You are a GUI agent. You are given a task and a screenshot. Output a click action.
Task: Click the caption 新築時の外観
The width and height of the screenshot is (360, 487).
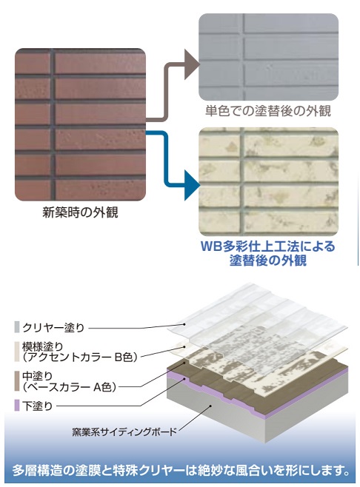click(x=80, y=212)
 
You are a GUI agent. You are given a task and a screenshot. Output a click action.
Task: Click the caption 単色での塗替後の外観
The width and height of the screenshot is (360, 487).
click(x=268, y=111)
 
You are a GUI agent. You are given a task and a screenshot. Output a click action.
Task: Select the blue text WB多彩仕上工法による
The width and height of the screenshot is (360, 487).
click(x=268, y=246)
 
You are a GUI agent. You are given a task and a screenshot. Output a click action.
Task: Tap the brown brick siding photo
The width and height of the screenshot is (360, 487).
click(x=80, y=124)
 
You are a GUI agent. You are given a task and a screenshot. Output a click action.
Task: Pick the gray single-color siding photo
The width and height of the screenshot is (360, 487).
click(x=268, y=57)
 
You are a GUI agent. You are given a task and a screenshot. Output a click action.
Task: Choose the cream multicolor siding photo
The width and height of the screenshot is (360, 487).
click(x=268, y=181)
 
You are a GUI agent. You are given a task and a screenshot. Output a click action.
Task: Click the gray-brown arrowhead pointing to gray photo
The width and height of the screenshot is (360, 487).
click(x=192, y=64)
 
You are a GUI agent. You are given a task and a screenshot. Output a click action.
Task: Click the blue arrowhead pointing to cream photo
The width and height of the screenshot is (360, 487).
click(x=192, y=185)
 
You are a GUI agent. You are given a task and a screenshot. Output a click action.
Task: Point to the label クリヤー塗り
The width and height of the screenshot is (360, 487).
click(x=53, y=328)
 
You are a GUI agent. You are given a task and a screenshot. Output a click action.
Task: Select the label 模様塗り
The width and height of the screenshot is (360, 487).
click(x=42, y=346)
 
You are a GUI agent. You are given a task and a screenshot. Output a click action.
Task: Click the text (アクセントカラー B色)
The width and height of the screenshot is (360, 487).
click(x=80, y=357)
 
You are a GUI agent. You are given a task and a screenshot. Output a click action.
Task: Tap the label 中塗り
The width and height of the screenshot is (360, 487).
click(x=37, y=377)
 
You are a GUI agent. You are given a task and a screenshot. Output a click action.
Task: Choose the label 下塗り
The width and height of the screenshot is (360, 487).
click(x=37, y=406)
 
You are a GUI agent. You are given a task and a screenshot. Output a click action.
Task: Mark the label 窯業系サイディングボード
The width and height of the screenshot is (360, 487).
click(x=124, y=431)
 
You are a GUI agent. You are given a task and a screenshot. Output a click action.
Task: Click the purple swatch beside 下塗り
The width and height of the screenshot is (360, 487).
click(x=17, y=406)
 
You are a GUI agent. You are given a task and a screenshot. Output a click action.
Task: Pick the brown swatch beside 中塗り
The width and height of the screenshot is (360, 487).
click(x=17, y=381)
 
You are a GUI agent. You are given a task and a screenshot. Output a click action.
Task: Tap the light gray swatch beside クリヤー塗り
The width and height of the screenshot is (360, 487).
click(x=17, y=327)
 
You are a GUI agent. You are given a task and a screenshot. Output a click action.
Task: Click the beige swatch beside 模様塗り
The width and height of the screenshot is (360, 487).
click(x=17, y=352)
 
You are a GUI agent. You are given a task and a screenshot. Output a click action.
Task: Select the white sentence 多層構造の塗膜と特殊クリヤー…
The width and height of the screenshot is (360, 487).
click(x=180, y=470)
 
